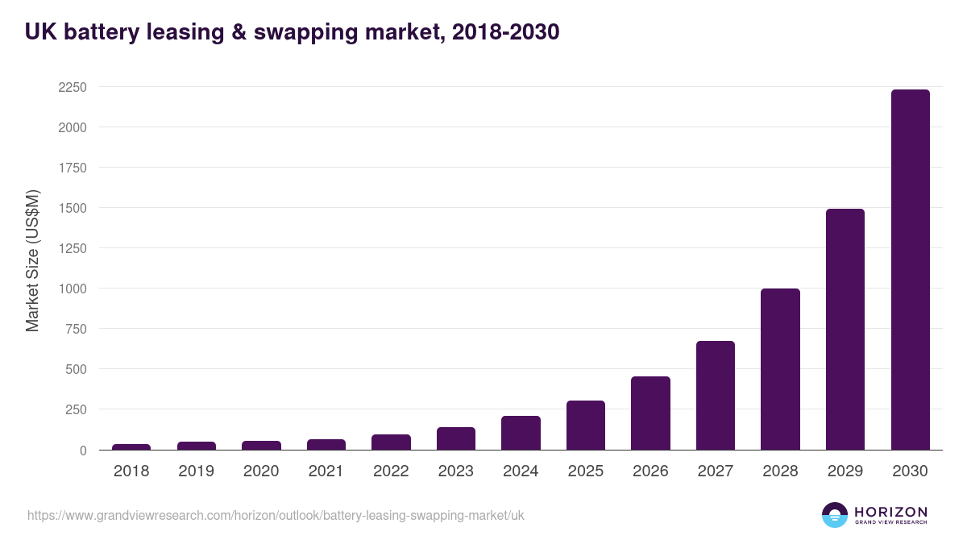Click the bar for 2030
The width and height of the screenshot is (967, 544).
pos(910,270)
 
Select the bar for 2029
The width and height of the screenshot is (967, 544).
pos(845,330)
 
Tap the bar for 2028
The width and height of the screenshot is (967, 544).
pos(780,369)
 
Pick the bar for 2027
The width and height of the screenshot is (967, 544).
pos(716,396)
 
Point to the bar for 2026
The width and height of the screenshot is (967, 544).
pos(650,413)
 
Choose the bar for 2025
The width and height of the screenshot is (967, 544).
pos(586,426)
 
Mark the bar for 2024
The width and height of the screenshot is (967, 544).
pos(521,433)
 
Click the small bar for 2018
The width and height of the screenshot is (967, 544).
pos(131,446)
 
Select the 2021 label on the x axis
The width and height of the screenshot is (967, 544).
pos(326,471)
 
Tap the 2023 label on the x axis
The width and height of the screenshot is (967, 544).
pos(455,471)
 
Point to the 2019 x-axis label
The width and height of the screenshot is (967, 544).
pos(196,471)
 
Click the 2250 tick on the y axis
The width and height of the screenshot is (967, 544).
pos(72,87)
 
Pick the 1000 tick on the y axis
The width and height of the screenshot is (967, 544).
pos(72,289)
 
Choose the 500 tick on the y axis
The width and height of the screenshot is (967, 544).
pos(76,369)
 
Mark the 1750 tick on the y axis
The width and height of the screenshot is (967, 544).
pos(72,168)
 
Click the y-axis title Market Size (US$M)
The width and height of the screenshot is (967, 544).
pos(32,260)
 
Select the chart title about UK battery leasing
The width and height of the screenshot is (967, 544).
pos(292,32)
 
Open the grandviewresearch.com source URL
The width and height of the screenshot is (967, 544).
pos(276,515)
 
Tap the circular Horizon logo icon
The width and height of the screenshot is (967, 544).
pos(834,515)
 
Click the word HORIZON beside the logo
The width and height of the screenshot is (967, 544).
pos(890,511)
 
